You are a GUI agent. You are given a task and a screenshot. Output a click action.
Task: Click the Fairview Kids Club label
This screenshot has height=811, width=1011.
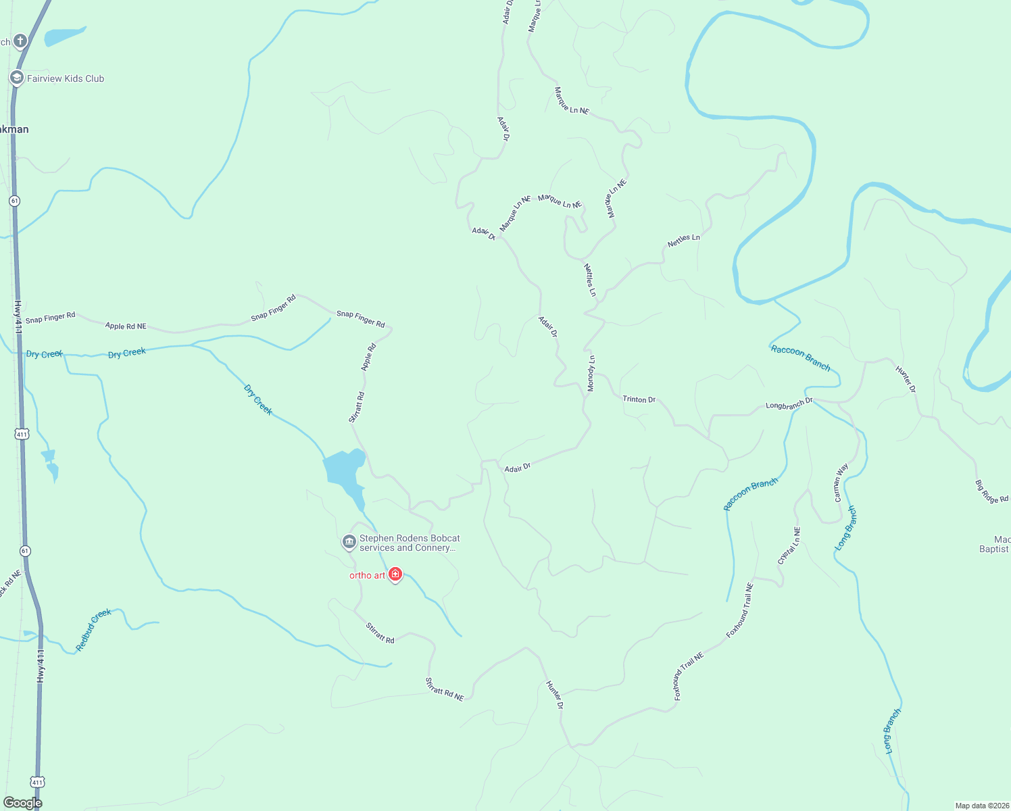(66, 78)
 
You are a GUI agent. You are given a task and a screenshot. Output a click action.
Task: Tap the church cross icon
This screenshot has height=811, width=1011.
(20, 41)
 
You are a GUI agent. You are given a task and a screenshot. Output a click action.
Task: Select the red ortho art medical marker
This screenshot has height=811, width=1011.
(395, 574)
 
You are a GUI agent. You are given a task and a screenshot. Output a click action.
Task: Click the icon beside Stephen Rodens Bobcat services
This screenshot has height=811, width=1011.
(349, 541)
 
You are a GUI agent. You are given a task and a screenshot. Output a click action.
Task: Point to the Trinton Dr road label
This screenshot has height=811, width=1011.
(639, 399)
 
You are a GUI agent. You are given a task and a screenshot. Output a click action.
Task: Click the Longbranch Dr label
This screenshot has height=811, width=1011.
(789, 404)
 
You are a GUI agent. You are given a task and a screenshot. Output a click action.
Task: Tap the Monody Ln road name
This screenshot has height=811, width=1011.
(591, 373)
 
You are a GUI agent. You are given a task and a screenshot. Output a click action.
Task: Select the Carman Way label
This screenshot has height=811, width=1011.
(841, 483)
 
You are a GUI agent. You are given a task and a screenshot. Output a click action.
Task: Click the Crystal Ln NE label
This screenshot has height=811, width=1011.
(789, 546)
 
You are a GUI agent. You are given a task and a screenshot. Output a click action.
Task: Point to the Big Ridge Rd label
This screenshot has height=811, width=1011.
(991, 491)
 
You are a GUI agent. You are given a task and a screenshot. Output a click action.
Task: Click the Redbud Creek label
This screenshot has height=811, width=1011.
(93, 630)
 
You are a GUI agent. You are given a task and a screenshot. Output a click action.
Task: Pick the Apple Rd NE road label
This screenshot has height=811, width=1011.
(126, 326)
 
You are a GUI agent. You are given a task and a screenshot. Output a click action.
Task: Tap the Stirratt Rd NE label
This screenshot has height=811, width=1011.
(445, 689)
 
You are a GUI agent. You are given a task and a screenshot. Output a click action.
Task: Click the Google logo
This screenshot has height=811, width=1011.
(22, 802)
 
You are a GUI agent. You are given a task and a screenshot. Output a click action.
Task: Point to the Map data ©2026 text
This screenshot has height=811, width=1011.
(981, 806)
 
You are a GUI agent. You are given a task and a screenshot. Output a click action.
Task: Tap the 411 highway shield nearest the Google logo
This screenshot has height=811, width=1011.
(37, 782)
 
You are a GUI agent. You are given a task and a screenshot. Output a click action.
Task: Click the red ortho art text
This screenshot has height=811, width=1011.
(367, 575)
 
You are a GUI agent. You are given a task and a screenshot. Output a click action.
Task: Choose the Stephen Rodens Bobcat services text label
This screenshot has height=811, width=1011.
(410, 543)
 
